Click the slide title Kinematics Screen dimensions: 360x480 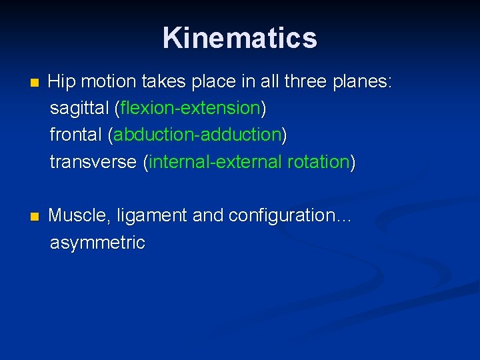point(239,38)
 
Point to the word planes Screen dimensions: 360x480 point(363,82)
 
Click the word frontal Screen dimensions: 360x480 point(75,135)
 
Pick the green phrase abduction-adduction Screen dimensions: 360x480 point(197,135)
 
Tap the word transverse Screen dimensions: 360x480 point(93,162)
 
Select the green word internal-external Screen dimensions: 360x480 point(217,162)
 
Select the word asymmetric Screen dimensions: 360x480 point(97,243)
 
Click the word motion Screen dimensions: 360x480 point(108,82)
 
